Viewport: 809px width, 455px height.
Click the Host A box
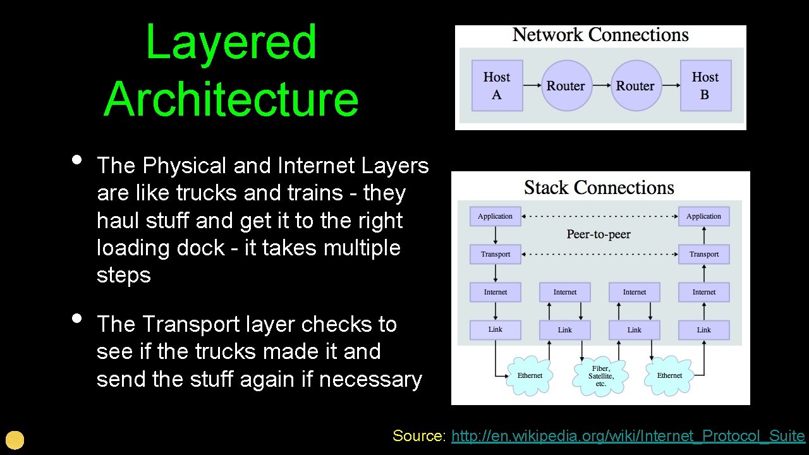pyautogui.click(x=497, y=85)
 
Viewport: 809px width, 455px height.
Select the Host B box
pyautogui.click(x=705, y=85)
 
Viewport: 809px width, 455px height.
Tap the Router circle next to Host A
pyautogui.click(x=566, y=85)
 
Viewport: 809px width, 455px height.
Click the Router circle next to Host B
pyautogui.click(x=635, y=85)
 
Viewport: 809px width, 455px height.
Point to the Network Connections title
pyautogui.click(x=600, y=35)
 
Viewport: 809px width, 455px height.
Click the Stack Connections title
pyautogui.click(x=599, y=188)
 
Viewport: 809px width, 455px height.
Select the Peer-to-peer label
pyautogui.click(x=599, y=234)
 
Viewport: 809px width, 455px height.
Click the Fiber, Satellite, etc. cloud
pyautogui.click(x=600, y=376)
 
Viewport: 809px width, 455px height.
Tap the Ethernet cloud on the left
pyautogui.click(x=530, y=375)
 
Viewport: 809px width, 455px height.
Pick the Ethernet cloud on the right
pyautogui.click(x=669, y=375)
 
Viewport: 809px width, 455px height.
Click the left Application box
pyautogui.click(x=496, y=216)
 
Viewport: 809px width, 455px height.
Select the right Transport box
pyautogui.click(x=704, y=254)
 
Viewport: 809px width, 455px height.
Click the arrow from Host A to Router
pyautogui.click(x=532, y=85)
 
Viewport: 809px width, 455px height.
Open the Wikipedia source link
pyautogui.click(x=628, y=436)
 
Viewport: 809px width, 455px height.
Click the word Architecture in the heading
pyautogui.click(x=231, y=99)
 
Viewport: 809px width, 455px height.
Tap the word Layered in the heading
pyautogui.click(x=231, y=42)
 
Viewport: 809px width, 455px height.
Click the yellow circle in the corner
pyautogui.click(x=15, y=440)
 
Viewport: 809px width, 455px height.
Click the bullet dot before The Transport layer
pyautogui.click(x=77, y=318)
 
